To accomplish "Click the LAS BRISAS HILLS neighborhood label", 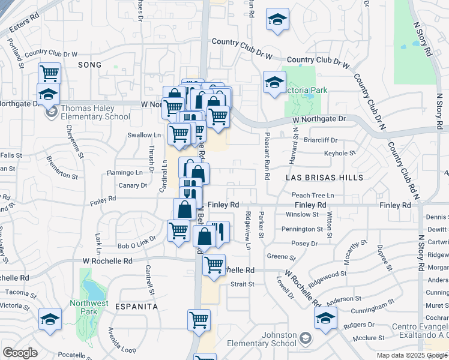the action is click(x=325, y=178).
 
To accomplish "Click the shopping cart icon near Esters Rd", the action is click(x=49, y=74).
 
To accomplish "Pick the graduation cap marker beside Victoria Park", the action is click(x=274, y=83).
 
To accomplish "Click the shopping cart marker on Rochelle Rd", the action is click(x=214, y=265).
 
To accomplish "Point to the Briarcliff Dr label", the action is click(x=321, y=140).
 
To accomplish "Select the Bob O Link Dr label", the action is click(x=137, y=246).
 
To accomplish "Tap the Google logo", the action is click(x=20, y=353).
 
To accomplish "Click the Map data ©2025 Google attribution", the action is click(x=411, y=355).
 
